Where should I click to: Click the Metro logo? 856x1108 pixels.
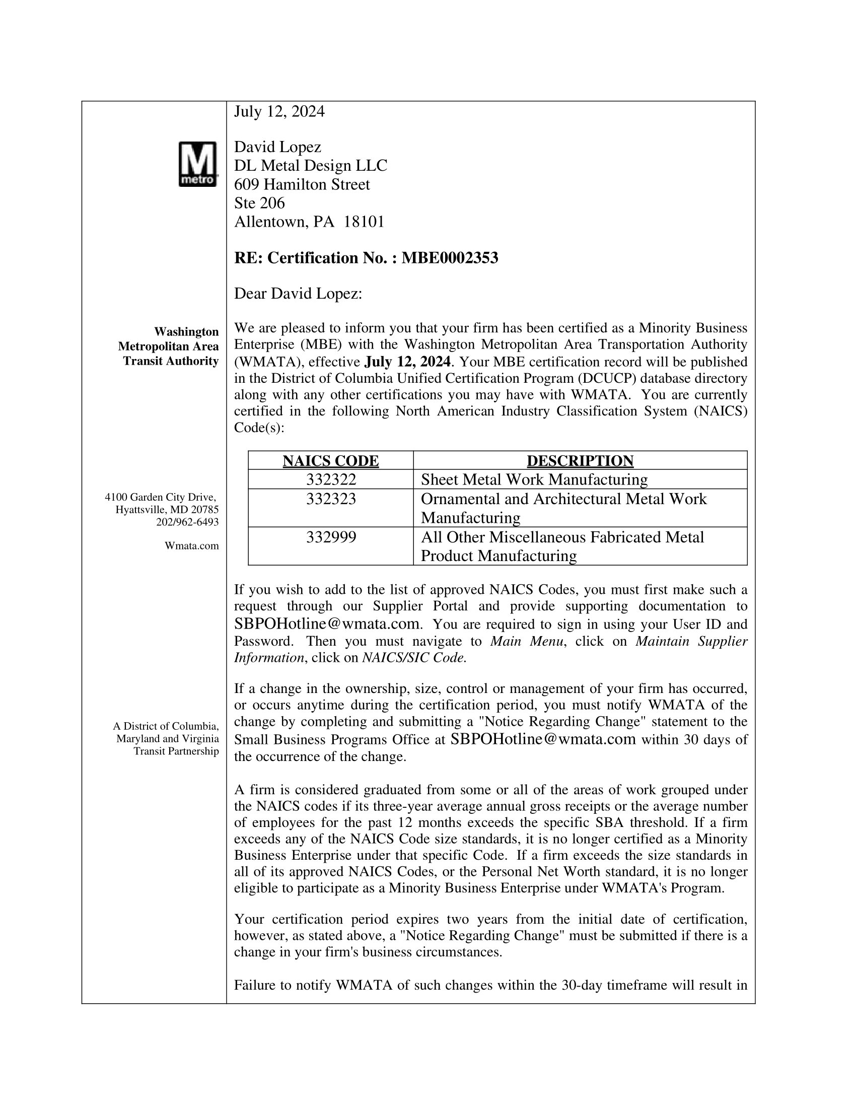198,164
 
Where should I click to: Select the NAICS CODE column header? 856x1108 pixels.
330,461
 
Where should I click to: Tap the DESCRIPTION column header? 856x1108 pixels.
580,461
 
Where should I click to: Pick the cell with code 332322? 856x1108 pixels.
331,479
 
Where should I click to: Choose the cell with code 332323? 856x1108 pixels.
331,499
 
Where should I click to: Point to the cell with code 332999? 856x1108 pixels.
331,537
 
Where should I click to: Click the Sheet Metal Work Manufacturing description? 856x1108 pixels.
534,479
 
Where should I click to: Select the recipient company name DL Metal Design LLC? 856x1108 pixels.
310,166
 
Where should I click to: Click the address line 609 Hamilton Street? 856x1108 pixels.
302,185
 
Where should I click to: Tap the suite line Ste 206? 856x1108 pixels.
259,203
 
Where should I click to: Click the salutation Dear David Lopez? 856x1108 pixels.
298,294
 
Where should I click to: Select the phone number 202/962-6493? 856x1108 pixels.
187,522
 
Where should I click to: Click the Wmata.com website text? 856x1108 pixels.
192,546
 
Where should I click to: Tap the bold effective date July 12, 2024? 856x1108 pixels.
407,362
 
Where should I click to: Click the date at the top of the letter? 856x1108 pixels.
279,112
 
